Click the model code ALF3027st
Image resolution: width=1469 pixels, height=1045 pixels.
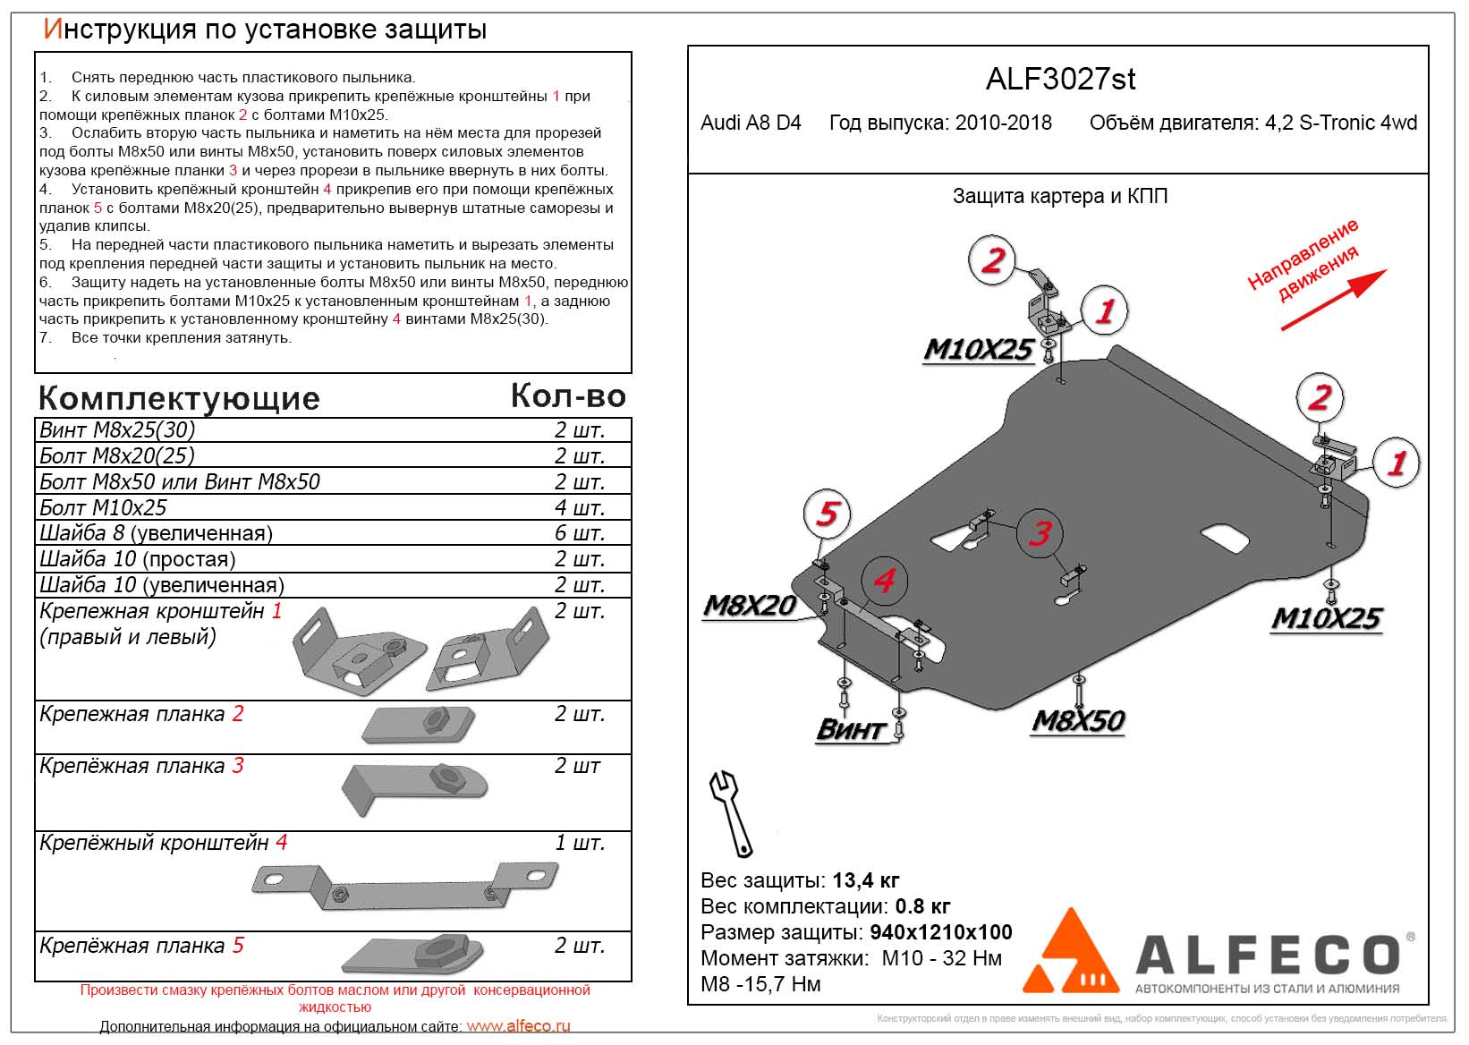[x=1060, y=79]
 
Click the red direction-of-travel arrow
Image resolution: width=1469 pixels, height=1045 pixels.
[x=1333, y=300]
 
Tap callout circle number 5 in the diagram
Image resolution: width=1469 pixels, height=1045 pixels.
[x=827, y=514]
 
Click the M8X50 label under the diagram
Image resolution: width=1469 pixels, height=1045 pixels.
[x=1078, y=720]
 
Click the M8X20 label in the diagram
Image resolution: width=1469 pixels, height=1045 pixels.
[x=750, y=606]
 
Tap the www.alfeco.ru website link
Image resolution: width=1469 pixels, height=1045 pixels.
[x=518, y=1026]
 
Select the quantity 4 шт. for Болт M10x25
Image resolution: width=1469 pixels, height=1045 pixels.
[x=579, y=507]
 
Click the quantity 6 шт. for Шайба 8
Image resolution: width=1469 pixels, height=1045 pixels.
[x=579, y=533]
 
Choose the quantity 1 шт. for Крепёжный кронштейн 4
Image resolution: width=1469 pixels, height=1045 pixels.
[x=579, y=843]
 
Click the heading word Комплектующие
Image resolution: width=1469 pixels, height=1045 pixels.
[x=179, y=398]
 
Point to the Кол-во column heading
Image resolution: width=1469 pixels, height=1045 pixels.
[x=568, y=395]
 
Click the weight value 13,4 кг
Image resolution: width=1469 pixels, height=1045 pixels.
[x=865, y=880]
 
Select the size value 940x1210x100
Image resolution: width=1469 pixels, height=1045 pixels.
[x=940, y=932]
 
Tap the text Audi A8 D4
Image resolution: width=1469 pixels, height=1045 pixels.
[x=751, y=123]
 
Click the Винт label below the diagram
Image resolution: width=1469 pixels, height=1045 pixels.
[x=849, y=729]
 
